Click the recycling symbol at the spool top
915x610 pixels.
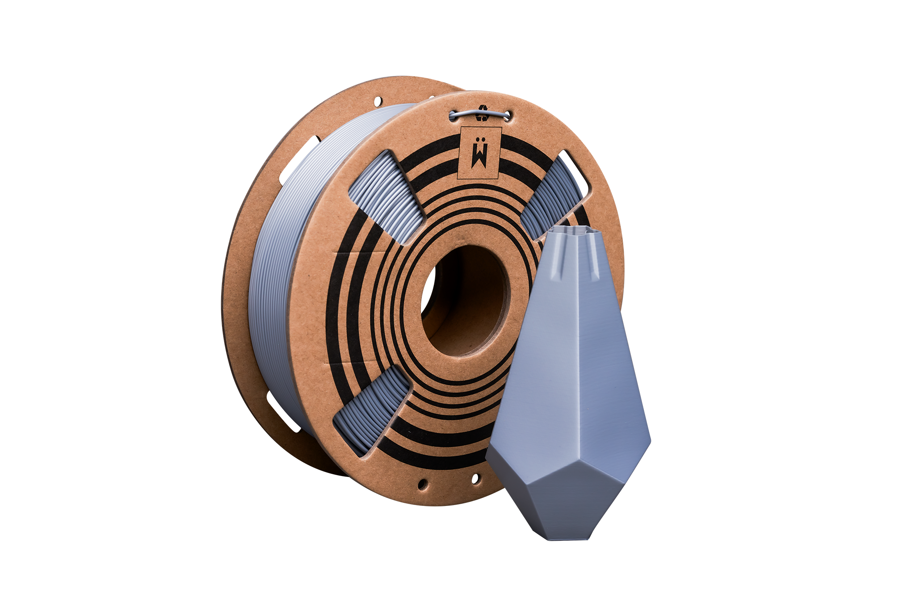482,113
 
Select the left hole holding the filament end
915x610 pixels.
453,116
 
